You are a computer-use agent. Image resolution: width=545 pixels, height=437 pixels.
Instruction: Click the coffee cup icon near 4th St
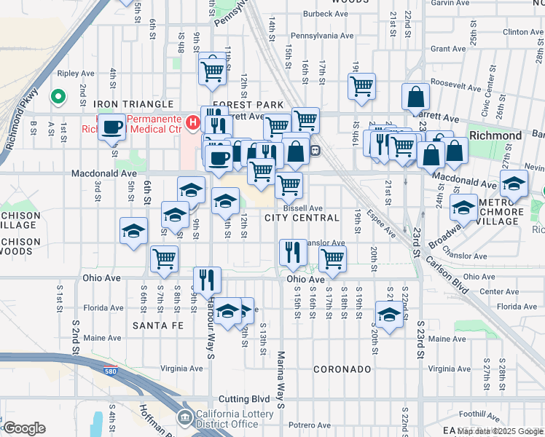pyautogui.click(x=111, y=127)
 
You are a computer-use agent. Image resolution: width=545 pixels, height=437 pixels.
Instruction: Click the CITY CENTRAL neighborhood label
pyautogui.click(x=302, y=218)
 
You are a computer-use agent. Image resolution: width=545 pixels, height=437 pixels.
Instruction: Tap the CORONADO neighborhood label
pyautogui.click(x=342, y=369)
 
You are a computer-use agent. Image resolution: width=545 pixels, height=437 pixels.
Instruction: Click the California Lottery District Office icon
pyautogui.click(x=184, y=417)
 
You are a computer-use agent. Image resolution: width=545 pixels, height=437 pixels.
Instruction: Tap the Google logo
pyautogui.click(x=25, y=428)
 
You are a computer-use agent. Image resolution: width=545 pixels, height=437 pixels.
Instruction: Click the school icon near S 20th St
pyautogui.click(x=389, y=315)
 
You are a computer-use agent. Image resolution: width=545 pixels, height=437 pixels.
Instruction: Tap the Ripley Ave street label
pyautogui.click(x=77, y=74)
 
